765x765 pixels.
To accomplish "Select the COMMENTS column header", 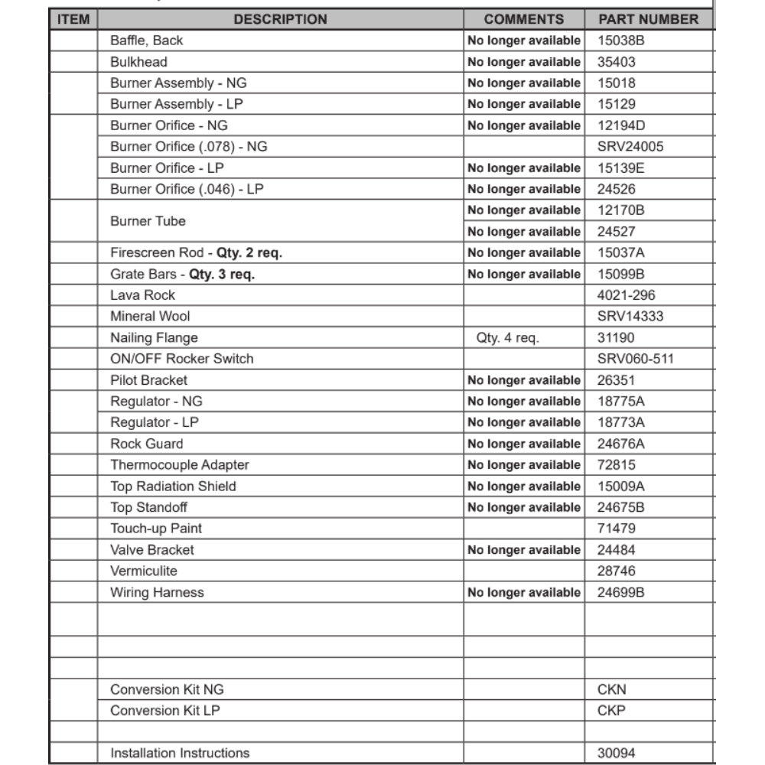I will click(x=524, y=19).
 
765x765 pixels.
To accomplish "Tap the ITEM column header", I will click(x=73, y=19).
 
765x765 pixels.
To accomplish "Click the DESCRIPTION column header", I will click(x=280, y=19).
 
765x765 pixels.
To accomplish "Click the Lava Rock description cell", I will click(x=142, y=295).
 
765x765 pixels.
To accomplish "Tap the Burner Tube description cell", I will click(x=148, y=221).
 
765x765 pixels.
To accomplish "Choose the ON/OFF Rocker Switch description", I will click(x=181, y=359).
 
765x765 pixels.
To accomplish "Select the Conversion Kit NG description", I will click(x=166, y=689).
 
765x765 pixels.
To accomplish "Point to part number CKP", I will click(x=611, y=711).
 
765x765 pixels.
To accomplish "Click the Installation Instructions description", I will click(x=180, y=754).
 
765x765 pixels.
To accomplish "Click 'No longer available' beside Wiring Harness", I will click(x=524, y=593).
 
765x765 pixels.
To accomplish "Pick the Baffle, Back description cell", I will click(x=146, y=41).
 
